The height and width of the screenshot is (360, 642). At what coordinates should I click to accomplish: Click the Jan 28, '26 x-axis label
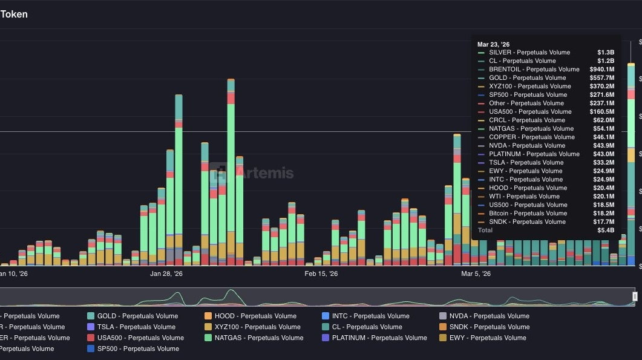[x=166, y=274]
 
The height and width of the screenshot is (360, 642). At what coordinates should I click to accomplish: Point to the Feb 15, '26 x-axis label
[x=321, y=274]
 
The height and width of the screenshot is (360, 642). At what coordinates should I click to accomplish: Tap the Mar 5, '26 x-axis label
[x=476, y=274]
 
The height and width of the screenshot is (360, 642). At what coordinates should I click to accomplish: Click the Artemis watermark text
[x=264, y=173]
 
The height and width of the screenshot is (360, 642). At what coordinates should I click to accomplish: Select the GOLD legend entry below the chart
[x=137, y=316]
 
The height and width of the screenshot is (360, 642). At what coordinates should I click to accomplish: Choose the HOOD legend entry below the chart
[x=257, y=316]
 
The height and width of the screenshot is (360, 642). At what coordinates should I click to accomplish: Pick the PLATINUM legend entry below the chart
[x=379, y=338]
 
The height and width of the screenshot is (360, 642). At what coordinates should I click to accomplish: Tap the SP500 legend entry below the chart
[x=138, y=349]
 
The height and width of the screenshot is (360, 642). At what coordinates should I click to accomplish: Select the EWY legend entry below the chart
[x=488, y=338]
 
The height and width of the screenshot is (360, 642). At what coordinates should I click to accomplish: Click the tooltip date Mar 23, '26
[x=493, y=44]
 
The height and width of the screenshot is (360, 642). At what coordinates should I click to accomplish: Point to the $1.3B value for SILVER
[x=606, y=53]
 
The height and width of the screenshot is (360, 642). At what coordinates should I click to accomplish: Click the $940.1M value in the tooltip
[x=602, y=70]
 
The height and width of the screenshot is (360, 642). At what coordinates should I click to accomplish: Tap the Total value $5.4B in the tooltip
[x=606, y=231]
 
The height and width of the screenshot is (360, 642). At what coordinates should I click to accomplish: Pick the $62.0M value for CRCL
[x=603, y=120]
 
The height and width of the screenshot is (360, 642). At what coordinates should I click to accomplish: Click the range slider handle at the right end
[x=635, y=296]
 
